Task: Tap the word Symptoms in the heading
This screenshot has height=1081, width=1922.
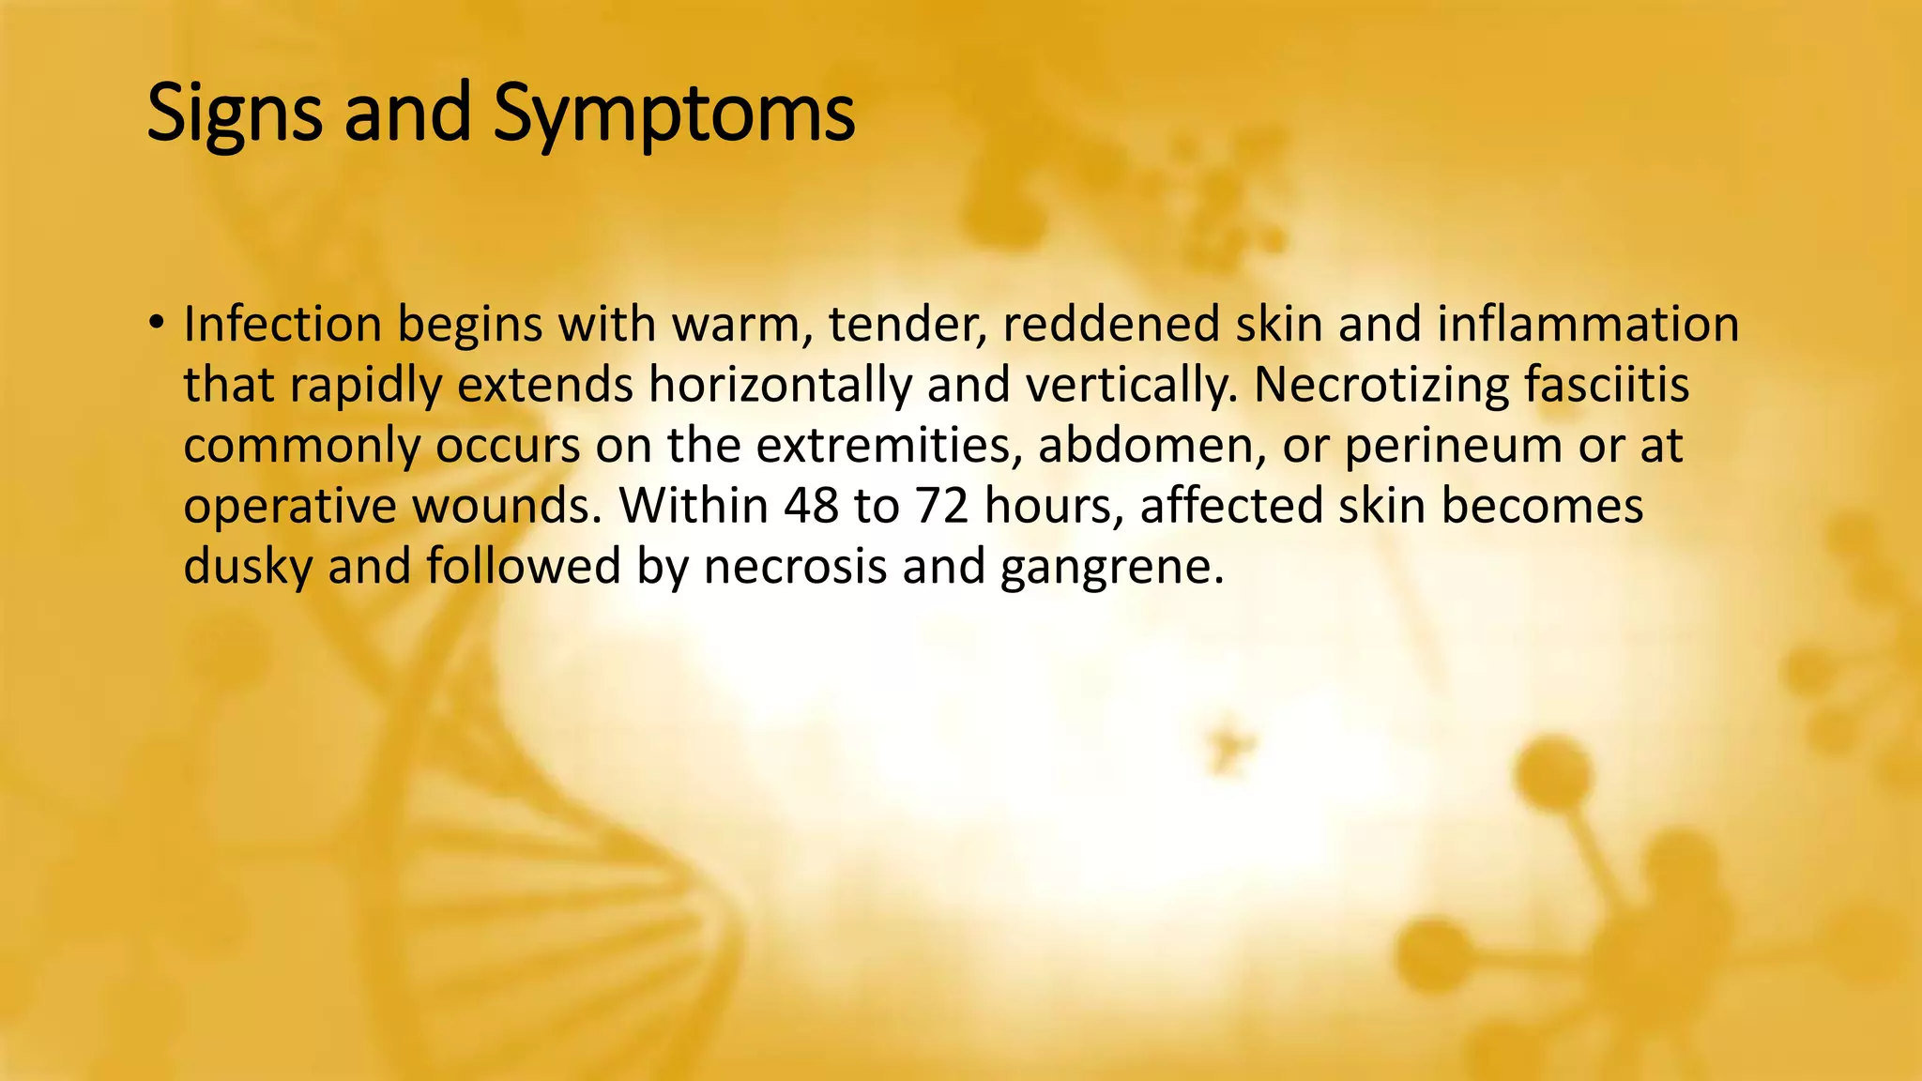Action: pyautogui.click(x=673, y=114)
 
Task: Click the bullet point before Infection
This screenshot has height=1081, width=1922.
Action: pyautogui.click(x=156, y=325)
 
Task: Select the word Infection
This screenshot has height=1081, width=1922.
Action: pyautogui.click(x=282, y=325)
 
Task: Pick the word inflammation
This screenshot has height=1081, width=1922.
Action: pyautogui.click(x=1588, y=325)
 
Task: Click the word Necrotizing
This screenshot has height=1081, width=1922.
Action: pyautogui.click(x=1380, y=385)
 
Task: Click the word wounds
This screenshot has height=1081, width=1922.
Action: pyautogui.click(x=507, y=506)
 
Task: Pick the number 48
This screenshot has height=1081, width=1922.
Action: pyautogui.click(x=811, y=506)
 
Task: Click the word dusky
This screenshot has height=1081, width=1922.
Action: pyautogui.click(x=248, y=567)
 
